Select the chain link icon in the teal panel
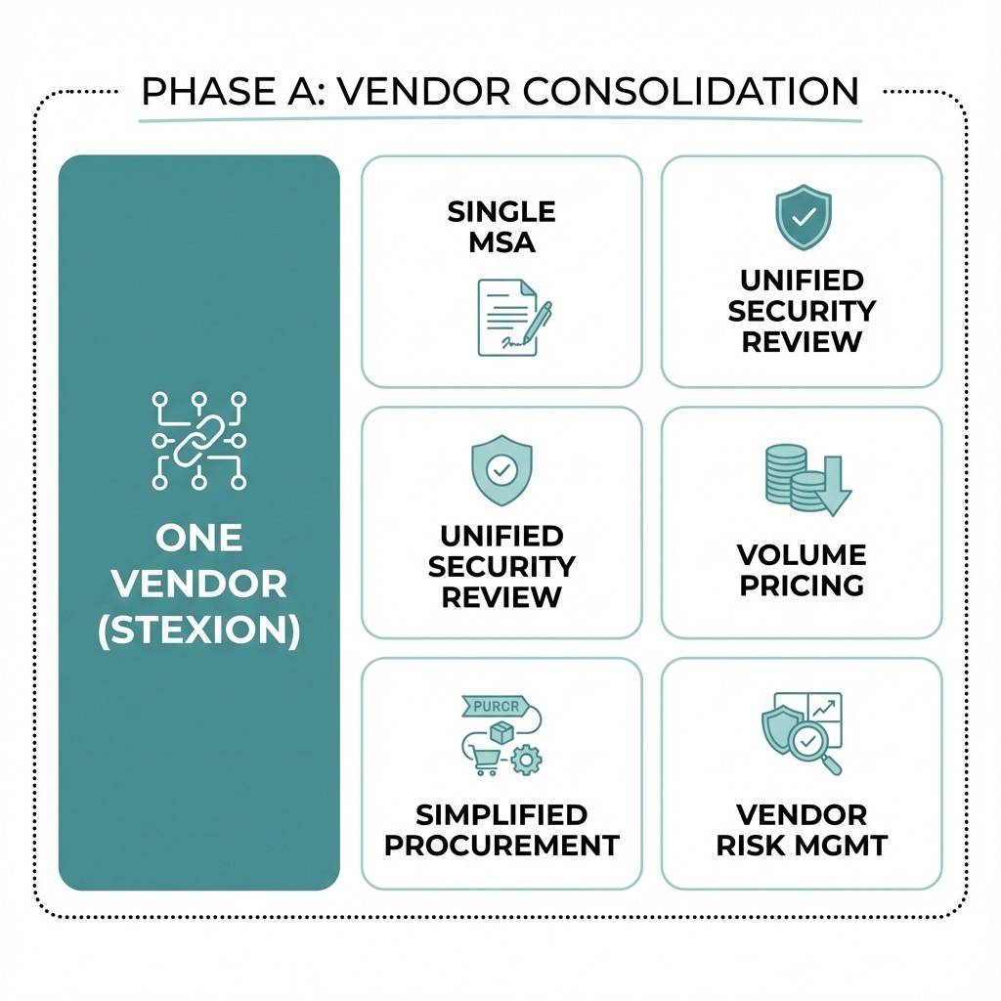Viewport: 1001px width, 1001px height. [x=199, y=441]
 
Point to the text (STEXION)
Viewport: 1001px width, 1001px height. [x=199, y=629]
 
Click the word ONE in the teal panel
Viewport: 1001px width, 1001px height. [x=199, y=538]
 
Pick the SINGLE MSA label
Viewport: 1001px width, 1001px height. [x=501, y=227]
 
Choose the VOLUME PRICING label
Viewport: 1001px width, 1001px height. [x=802, y=570]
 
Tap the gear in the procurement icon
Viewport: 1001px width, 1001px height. [x=527, y=759]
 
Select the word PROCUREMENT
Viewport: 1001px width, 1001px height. [x=501, y=846]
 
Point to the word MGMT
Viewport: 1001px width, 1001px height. [x=844, y=846]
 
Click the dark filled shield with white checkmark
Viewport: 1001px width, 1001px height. [x=802, y=218]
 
